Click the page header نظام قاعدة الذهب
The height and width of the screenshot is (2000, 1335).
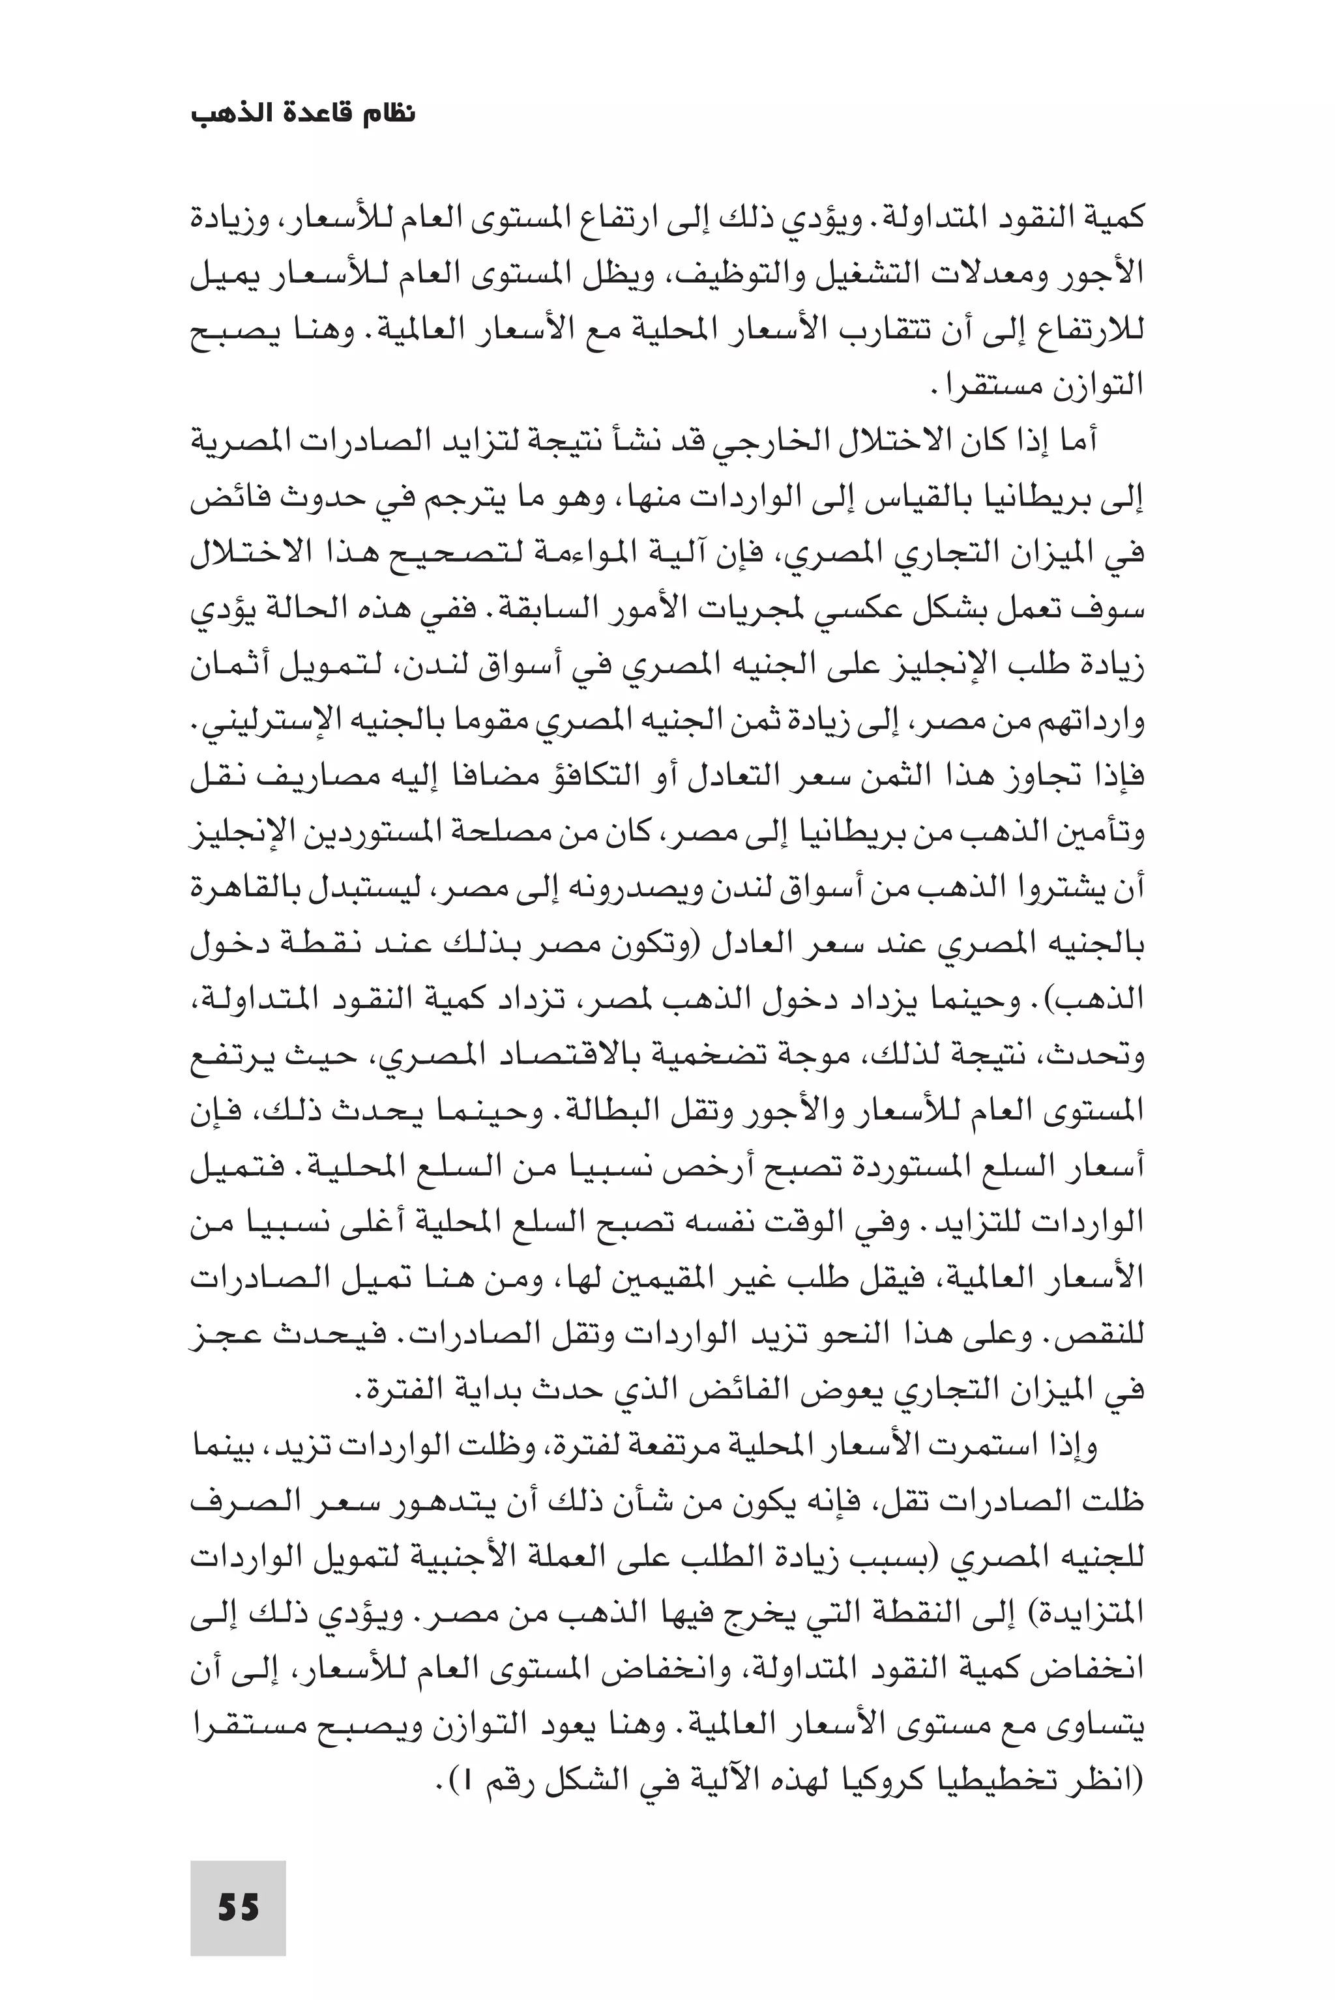point(303,113)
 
